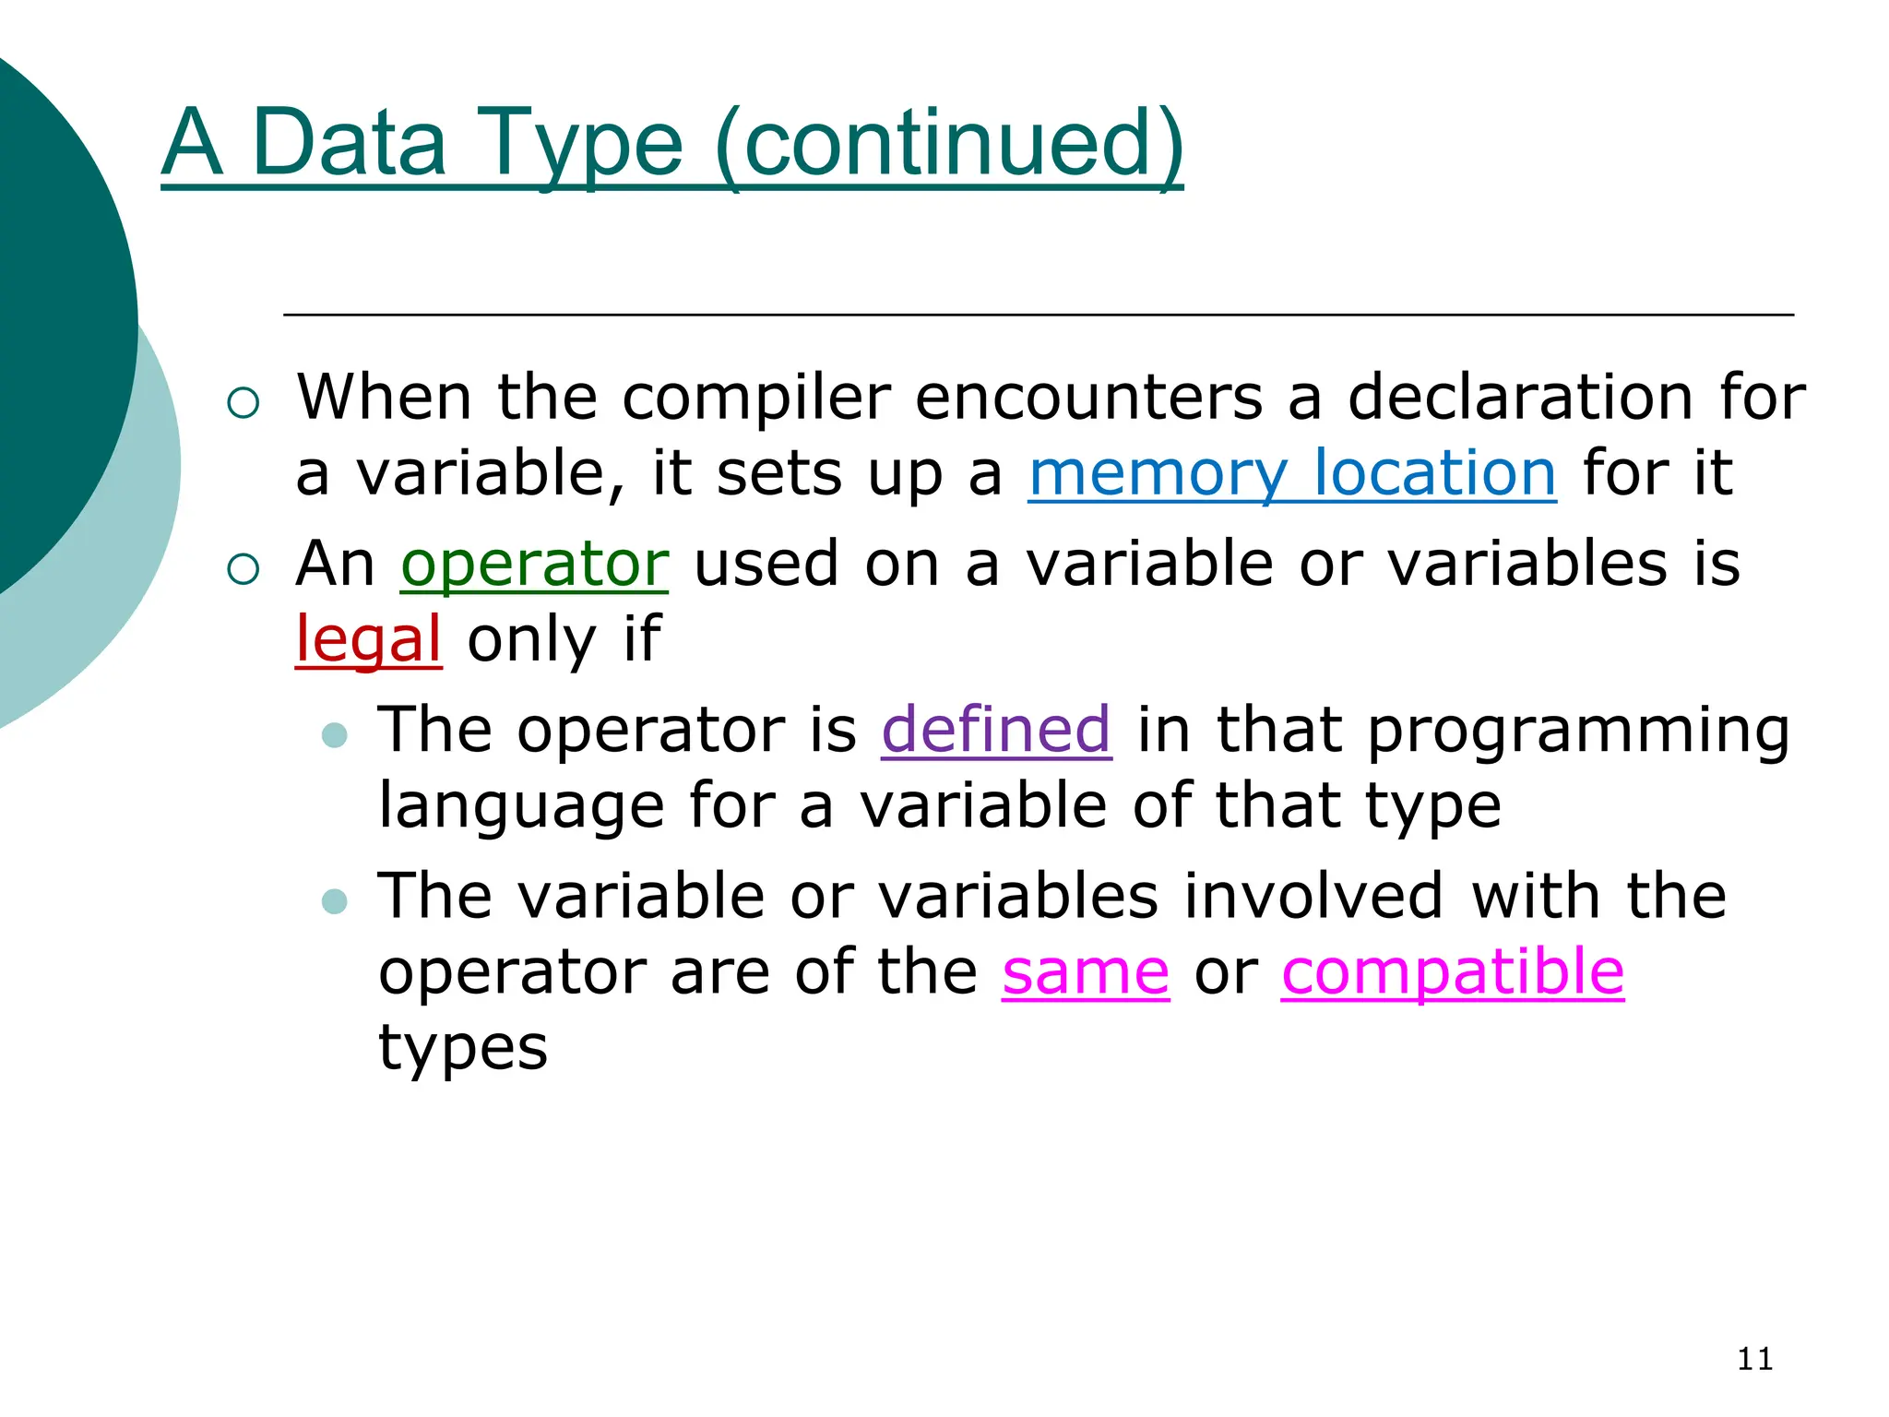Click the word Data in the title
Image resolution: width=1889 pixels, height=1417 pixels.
[x=349, y=143]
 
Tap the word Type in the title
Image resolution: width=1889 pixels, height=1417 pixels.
[x=581, y=143]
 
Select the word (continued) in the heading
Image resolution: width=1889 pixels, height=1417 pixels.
[x=948, y=143]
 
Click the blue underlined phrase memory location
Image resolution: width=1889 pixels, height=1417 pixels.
[x=1292, y=473]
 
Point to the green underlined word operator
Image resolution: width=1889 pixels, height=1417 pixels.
[x=534, y=564]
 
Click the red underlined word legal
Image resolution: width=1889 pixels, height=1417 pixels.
[x=368, y=639]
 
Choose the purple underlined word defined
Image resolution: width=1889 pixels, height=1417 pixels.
[x=996, y=730]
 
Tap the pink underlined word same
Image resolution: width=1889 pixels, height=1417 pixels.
[x=1086, y=971]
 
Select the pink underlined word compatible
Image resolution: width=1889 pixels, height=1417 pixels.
[x=1453, y=971]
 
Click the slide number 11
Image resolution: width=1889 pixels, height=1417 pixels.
[x=1754, y=1359]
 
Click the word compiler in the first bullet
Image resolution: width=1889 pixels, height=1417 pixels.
[x=756, y=398]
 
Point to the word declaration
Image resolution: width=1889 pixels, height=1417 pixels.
[x=1520, y=398]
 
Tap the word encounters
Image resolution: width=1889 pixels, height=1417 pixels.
[x=1088, y=398]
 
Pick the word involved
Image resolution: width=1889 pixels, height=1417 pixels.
[x=1313, y=896]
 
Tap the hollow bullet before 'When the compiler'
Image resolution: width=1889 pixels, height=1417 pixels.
[x=243, y=402]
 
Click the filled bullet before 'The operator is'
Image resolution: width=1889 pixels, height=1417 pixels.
[x=335, y=734]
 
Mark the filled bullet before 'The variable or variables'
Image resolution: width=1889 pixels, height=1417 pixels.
[x=335, y=900]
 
